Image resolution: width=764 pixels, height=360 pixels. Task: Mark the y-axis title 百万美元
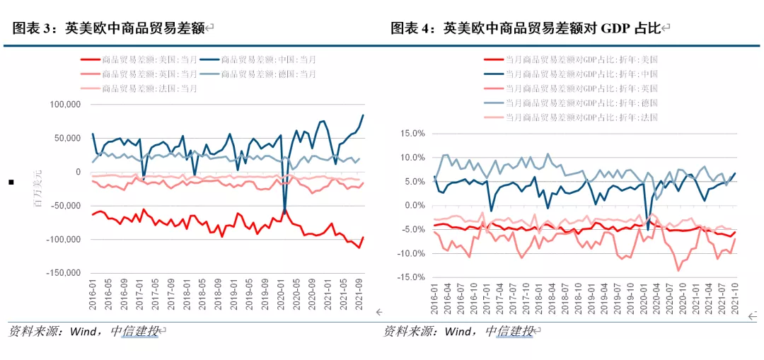[x=38, y=188]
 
